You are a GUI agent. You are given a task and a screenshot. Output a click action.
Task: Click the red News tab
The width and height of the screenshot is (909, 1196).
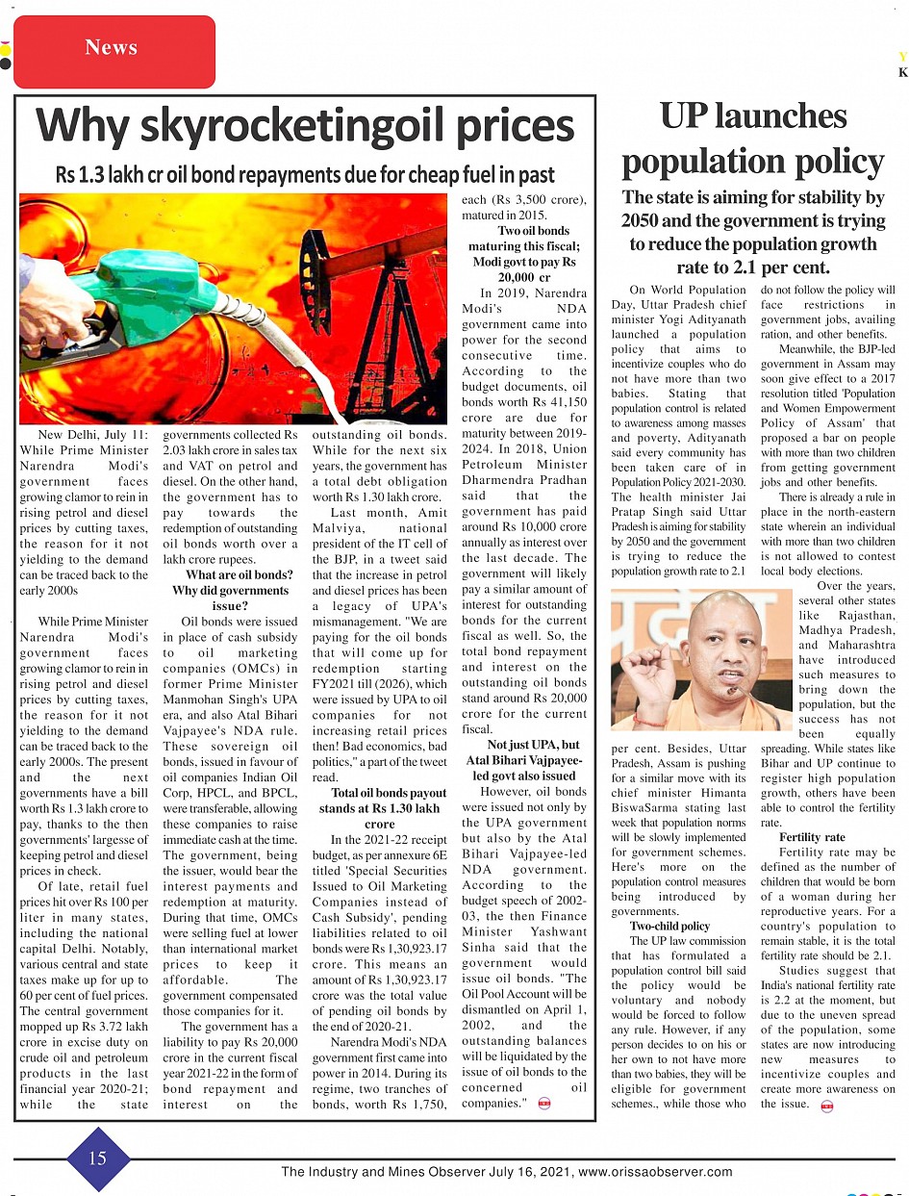pyautogui.click(x=111, y=48)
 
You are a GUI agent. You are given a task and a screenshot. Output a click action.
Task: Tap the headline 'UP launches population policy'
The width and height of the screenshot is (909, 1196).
pyautogui.click(x=753, y=139)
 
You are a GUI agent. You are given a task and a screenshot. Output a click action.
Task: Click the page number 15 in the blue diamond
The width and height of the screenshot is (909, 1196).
pyautogui.click(x=98, y=1158)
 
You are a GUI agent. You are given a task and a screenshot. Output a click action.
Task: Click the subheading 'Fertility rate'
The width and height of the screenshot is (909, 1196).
pyautogui.click(x=812, y=838)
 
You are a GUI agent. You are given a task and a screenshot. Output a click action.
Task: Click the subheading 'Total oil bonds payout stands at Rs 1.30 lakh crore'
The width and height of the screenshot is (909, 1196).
pyautogui.click(x=380, y=809)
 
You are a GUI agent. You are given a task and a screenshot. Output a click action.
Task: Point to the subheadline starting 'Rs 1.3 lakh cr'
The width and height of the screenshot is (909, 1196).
pyautogui.click(x=305, y=175)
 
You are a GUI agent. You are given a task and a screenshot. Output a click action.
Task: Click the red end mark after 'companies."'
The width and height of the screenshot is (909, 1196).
pyautogui.click(x=544, y=1104)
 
